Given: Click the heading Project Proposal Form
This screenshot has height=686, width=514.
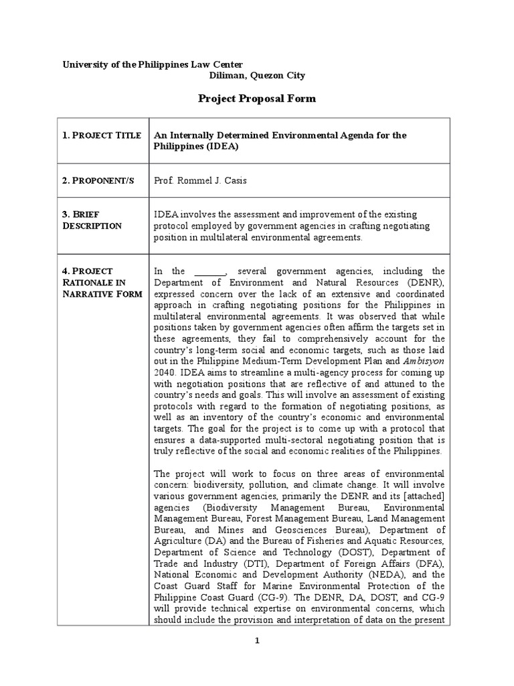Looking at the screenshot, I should [256, 99].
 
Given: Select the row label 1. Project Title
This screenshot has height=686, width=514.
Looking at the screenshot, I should [102, 135].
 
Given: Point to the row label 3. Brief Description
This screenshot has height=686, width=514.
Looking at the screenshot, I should [92, 220].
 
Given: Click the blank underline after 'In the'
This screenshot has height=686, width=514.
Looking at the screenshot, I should [210, 271].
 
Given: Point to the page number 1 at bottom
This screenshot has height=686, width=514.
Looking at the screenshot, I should [256, 640].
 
